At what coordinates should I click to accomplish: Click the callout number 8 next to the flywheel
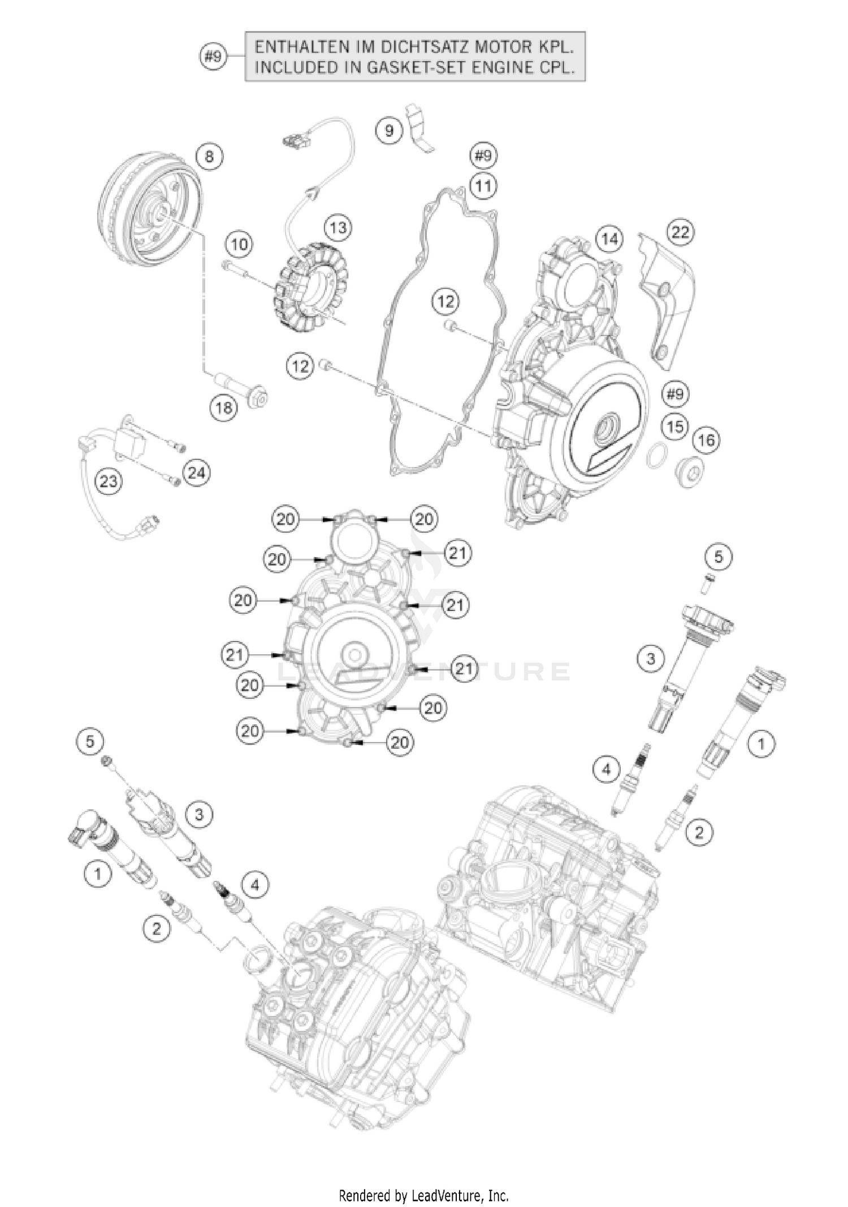[x=209, y=157]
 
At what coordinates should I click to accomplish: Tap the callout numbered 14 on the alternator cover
[x=609, y=239]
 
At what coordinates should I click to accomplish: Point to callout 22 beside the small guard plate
[x=681, y=232]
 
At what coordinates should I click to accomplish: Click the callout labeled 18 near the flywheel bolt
[x=224, y=407]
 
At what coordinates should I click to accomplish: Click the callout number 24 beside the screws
[x=197, y=472]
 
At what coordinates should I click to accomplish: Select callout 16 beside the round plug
[x=707, y=440]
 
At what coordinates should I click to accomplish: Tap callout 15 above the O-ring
[x=675, y=427]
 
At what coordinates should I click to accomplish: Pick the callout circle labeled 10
[x=240, y=245]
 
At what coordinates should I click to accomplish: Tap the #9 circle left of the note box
[x=214, y=57]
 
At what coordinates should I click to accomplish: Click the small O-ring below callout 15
[x=657, y=457]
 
